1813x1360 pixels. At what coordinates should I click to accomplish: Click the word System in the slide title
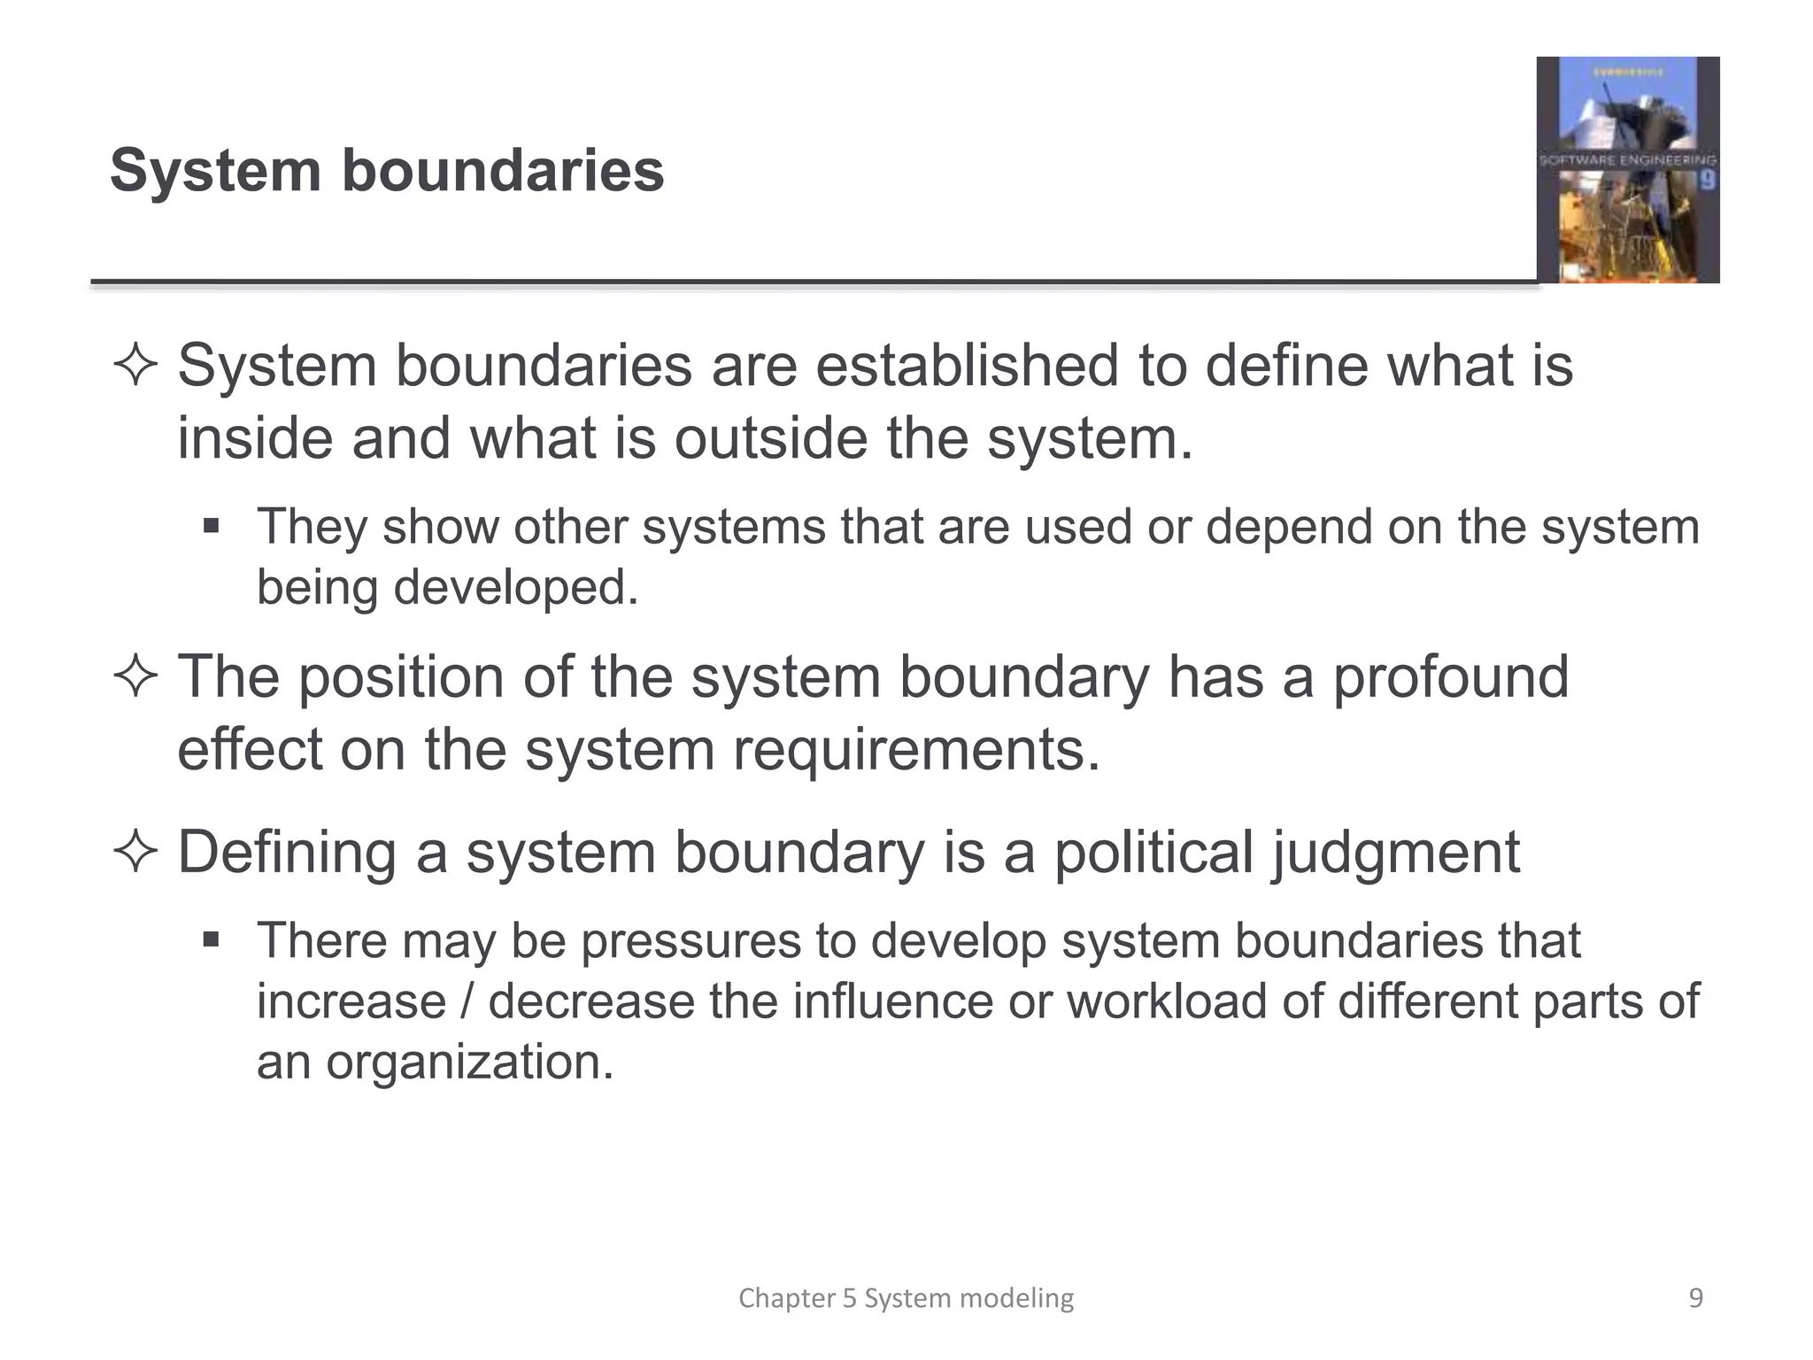tap(215, 170)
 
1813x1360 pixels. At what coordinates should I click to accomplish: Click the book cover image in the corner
tap(1627, 170)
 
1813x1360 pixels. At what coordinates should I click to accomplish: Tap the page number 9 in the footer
tap(1695, 1298)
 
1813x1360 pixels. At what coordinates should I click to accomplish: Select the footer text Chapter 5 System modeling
tap(906, 1298)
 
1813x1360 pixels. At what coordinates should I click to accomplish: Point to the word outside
tap(771, 438)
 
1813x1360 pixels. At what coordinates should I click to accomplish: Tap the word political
tap(1153, 852)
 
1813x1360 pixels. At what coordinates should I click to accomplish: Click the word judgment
tap(1396, 854)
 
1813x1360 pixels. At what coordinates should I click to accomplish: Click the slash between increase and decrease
tap(467, 1001)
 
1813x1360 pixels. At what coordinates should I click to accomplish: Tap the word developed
tap(515, 587)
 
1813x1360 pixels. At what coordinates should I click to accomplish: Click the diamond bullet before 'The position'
tap(135, 677)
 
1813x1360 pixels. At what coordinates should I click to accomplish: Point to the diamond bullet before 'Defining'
tap(135, 853)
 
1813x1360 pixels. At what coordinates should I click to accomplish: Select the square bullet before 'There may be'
tap(211, 940)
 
